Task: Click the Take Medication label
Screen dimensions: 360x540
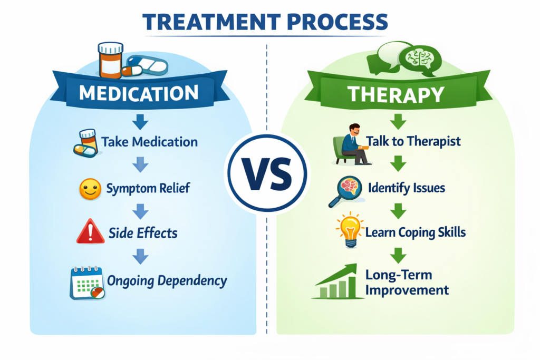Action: [150, 142]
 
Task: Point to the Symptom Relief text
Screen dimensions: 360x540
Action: [149, 188]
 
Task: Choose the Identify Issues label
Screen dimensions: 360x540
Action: [407, 187]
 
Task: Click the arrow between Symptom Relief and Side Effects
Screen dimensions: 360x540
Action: [140, 211]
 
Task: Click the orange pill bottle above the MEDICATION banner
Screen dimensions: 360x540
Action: [110, 61]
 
